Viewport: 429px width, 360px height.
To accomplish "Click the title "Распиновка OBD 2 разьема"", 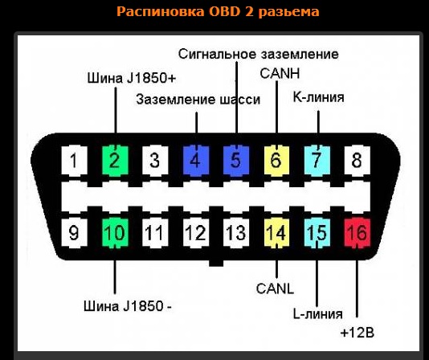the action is (218, 12).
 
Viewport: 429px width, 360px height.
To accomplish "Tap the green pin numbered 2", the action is (115, 161).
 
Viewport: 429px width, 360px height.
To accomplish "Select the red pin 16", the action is (357, 233).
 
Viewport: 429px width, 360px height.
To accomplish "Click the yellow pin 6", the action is (276, 161).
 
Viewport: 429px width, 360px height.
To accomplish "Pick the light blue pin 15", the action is (317, 233).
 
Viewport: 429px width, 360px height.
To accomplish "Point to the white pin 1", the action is (75, 161).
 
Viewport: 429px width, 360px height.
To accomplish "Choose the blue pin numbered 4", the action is (196, 161).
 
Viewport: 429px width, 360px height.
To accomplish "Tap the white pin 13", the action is (236, 233).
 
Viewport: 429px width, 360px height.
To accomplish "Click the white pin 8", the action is (357, 161).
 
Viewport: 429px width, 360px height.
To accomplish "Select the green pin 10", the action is (115, 233).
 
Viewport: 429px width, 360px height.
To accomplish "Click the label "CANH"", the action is (280, 73).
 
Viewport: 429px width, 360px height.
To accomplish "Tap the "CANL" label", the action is (275, 288).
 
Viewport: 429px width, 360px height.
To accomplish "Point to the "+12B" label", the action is (357, 333).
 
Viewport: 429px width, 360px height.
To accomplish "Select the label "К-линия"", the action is (318, 97).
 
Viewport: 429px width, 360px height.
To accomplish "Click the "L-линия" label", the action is (317, 313).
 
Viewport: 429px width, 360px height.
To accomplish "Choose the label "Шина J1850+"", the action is (131, 78).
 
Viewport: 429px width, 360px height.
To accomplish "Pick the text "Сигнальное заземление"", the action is (258, 54).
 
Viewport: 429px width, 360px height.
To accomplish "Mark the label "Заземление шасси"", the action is (198, 100).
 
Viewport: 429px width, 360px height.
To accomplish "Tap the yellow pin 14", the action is (276, 233).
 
